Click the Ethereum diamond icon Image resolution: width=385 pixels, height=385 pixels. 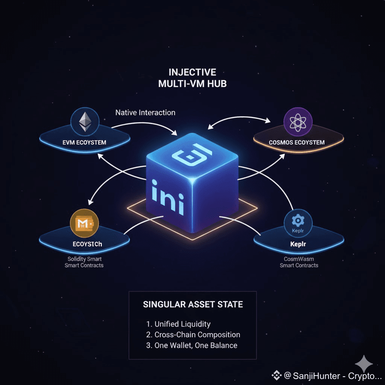click(x=85, y=121)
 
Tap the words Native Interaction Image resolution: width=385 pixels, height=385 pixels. click(x=145, y=112)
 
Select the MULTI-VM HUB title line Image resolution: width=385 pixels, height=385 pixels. click(x=192, y=83)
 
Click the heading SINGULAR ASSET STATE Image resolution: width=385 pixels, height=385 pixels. click(x=193, y=304)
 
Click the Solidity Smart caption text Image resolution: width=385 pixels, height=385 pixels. click(x=85, y=259)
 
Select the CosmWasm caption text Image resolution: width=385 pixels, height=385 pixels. click(x=299, y=259)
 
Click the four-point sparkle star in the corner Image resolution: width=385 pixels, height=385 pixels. click(x=364, y=364)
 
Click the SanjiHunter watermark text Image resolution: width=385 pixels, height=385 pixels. click(x=331, y=376)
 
